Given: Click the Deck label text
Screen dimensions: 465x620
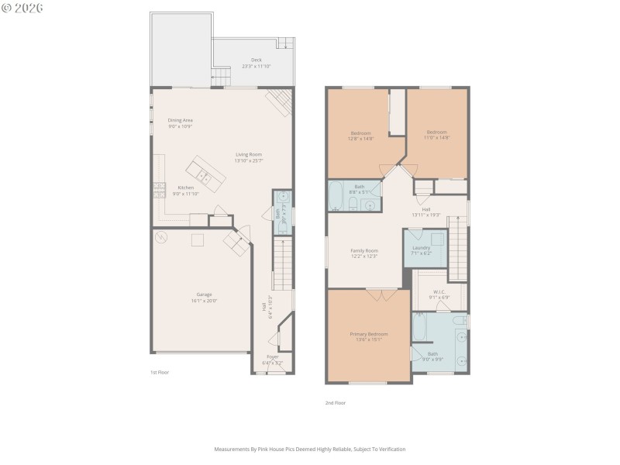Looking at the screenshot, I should pyautogui.click(x=256, y=60).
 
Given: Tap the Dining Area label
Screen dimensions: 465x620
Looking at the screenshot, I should pyautogui.click(x=180, y=120).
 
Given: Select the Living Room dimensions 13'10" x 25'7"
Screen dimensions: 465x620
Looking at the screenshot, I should pyautogui.click(x=249, y=160).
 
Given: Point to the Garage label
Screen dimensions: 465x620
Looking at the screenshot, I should pyautogui.click(x=204, y=294).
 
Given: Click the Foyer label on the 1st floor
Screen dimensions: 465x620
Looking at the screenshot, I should pyautogui.click(x=272, y=357).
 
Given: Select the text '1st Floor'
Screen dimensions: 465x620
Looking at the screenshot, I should pyautogui.click(x=160, y=373).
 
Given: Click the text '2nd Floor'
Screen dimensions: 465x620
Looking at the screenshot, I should pyautogui.click(x=335, y=403).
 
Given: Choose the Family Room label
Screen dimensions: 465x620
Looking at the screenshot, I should pyautogui.click(x=363, y=250).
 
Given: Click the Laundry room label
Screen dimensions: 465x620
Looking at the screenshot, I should pyautogui.click(x=422, y=247).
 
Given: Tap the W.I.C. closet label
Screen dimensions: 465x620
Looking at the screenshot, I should pyautogui.click(x=439, y=292).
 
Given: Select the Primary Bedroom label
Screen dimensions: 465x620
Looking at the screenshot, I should pyautogui.click(x=368, y=334).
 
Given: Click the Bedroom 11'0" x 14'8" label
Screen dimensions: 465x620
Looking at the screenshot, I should pyautogui.click(x=437, y=133).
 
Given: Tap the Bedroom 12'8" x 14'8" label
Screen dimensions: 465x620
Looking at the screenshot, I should pyautogui.click(x=360, y=133).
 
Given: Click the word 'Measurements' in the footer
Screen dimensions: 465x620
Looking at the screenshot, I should pyautogui.click(x=232, y=449).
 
